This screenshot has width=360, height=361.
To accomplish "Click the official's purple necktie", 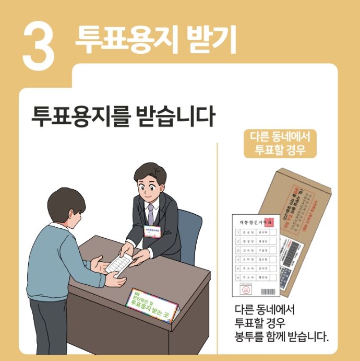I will point(150,214).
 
